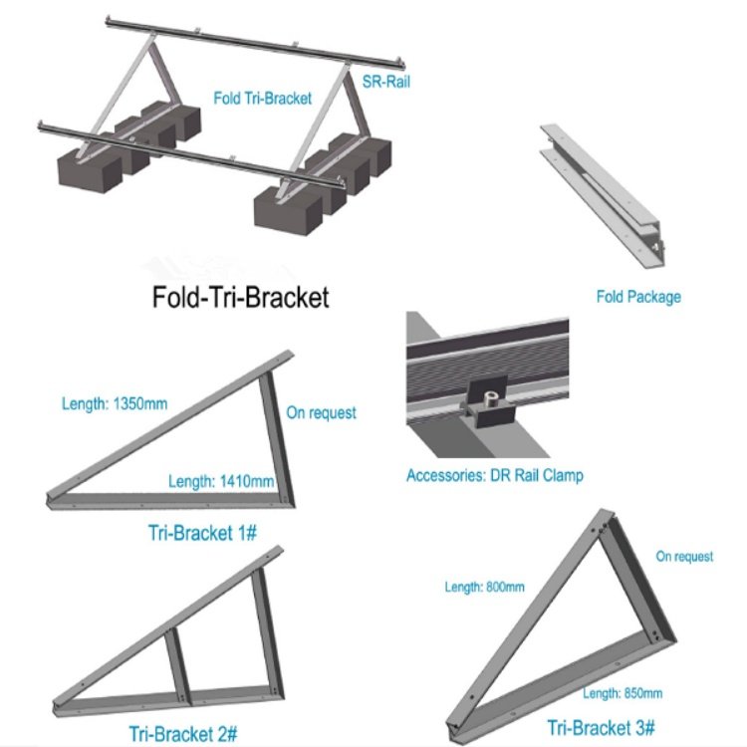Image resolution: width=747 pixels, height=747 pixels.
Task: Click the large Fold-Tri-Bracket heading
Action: pyautogui.click(x=239, y=298)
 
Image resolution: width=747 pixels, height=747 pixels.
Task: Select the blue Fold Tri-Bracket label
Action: pyautogui.click(x=263, y=98)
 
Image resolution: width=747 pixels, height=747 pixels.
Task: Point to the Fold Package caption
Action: pyautogui.click(x=638, y=297)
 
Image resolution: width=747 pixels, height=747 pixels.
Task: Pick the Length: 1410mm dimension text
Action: pyautogui.click(x=220, y=482)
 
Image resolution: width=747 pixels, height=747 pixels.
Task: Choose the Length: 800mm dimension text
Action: pyautogui.click(x=484, y=587)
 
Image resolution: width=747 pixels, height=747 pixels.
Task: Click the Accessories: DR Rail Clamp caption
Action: pyautogui.click(x=495, y=475)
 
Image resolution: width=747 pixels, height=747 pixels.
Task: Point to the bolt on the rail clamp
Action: pyautogui.click(x=488, y=400)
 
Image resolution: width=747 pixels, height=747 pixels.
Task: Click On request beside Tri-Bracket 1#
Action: pyautogui.click(x=321, y=412)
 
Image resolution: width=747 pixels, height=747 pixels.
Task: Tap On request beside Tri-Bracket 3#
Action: pyautogui.click(x=684, y=557)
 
